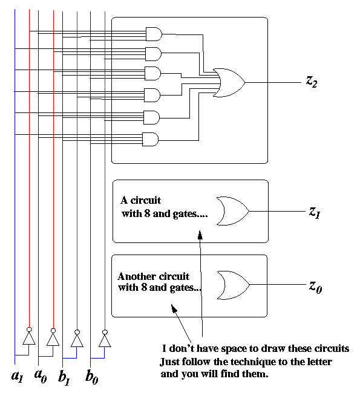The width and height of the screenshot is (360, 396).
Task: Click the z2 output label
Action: click(x=312, y=82)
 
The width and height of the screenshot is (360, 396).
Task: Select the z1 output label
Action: click(x=314, y=212)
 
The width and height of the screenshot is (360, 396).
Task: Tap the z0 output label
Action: click(x=315, y=287)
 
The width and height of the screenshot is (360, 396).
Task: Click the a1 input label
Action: click(x=17, y=376)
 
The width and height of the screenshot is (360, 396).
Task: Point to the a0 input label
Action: click(x=41, y=376)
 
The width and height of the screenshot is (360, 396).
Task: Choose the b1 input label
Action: click(x=64, y=378)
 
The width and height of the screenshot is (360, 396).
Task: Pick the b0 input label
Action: click(x=91, y=377)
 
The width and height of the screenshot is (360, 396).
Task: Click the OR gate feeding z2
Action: click(x=229, y=83)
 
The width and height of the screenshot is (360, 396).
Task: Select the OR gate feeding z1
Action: click(x=233, y=211)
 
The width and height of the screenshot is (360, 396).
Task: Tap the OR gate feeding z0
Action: click(x=234, y=285)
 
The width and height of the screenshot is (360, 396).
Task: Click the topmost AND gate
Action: click(x=154, y=34)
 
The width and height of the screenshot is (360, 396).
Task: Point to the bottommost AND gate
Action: click(x=151, y=139)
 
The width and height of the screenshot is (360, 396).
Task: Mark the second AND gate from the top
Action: click(x=154, y=54)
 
